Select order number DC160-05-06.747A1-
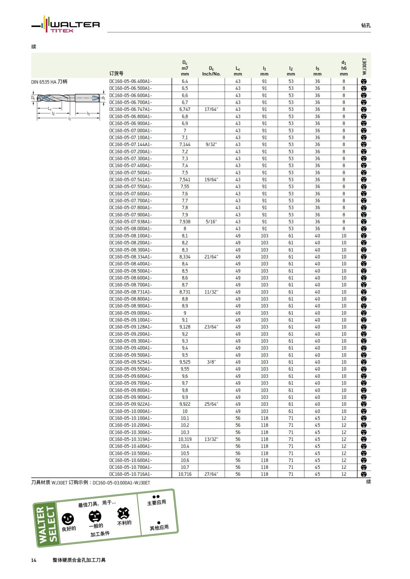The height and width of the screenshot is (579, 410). (131, 110)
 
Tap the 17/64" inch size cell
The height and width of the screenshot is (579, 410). (211, 110)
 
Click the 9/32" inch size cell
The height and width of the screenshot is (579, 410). (211, 145)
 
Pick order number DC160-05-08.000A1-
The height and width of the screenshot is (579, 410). (131, 229)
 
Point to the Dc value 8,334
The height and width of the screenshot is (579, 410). (185, 257)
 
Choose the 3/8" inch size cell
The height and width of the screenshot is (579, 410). (211, 362)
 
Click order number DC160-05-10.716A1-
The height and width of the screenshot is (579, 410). (131, 474)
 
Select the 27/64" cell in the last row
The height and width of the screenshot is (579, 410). (211, 474)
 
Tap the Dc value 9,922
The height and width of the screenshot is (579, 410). (185, 404)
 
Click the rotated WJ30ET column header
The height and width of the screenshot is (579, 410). (364, 66)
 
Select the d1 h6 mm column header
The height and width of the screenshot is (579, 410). (344, 68)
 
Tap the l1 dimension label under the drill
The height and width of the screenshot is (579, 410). (69, 119)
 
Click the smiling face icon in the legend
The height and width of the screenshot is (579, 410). (68, 519)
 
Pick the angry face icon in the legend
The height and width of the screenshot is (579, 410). (123, 513)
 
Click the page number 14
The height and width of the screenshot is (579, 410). (34, 560)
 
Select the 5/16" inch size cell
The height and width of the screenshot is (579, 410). (211, 222)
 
